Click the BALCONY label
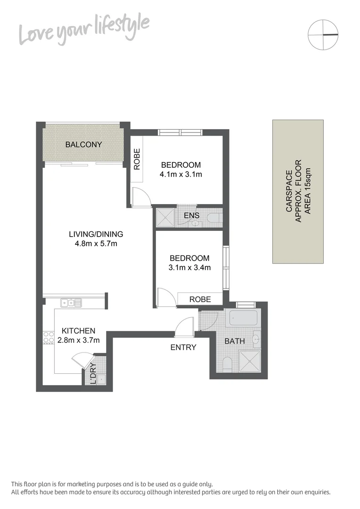[83, 144]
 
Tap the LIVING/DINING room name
[96, 234]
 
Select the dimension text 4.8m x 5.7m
[96, 244]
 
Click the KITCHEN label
[77, 331]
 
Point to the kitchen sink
[71, 303]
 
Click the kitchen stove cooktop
[49, 337]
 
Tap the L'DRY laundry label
[93, 373]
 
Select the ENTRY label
[183, 347]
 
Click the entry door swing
[184, 327]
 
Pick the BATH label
[234, 341]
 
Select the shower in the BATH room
[250, 361]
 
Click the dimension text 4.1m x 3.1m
[181, 175]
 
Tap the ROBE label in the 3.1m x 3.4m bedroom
[200, 299]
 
